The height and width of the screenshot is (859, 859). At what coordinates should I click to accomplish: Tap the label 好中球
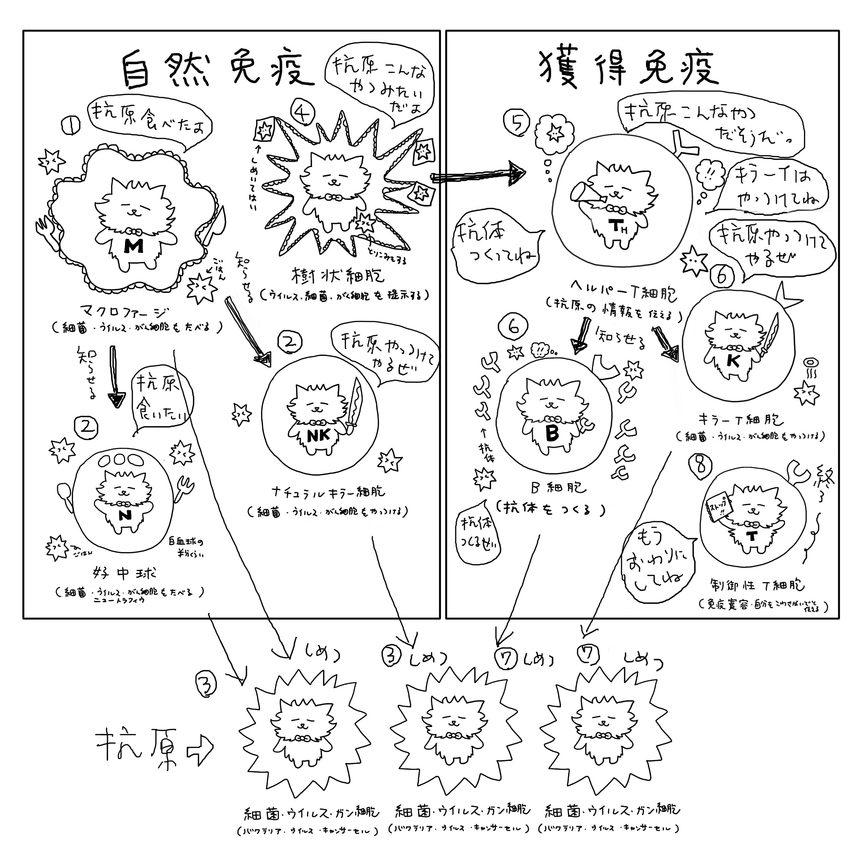tap(125, 574)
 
